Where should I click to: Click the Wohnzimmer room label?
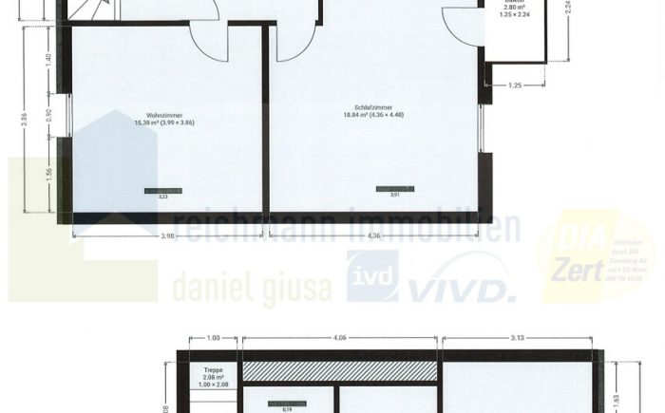[x=164, y=112]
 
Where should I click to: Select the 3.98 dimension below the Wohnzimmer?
[x=167, y=235]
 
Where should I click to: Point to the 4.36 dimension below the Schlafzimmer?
[x=373, y=235]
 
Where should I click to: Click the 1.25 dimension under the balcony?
[x=514, y=85]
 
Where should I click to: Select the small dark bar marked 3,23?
[x=162, y=191]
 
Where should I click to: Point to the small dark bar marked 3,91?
[x=394, y=189]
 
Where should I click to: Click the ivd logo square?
[x=371, y=276]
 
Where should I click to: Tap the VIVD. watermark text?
[x=462, y=281]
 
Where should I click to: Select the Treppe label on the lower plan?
[x=214, y=370]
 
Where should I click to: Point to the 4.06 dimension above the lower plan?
[x=339, y=337]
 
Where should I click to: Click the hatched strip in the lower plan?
[x=339, y=371]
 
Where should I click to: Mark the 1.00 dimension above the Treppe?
[x=214, y=337]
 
